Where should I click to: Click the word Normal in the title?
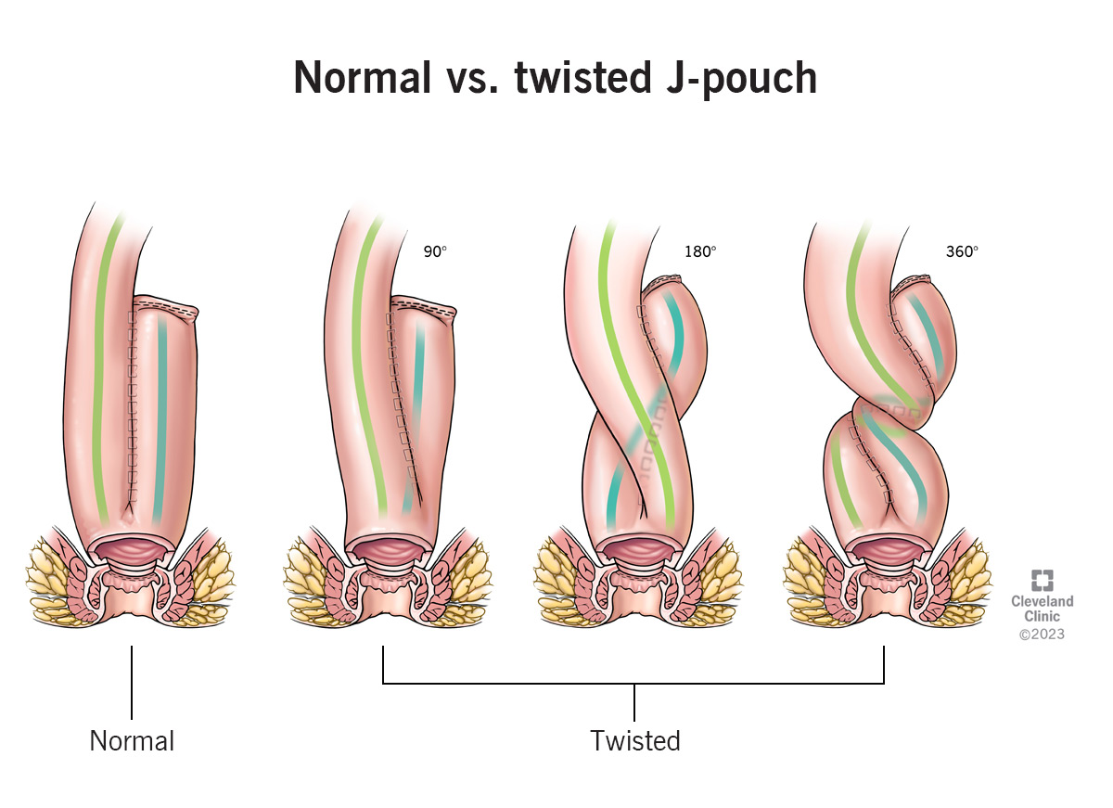click(362, 78)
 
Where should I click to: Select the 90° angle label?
click(435, 251)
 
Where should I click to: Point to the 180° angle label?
click(700, 251)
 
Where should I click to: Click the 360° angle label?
click(962, 251)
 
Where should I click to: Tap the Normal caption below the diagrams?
click(132, 741)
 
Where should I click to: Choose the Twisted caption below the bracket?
click(635, 741)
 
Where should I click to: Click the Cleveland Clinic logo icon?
click(1043, 581)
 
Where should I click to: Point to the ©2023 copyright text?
click(1043, 635)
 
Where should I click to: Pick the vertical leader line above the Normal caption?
click(132, 682)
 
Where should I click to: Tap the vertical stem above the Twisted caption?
click(635, 702)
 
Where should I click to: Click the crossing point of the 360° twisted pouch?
click(890, 408)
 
